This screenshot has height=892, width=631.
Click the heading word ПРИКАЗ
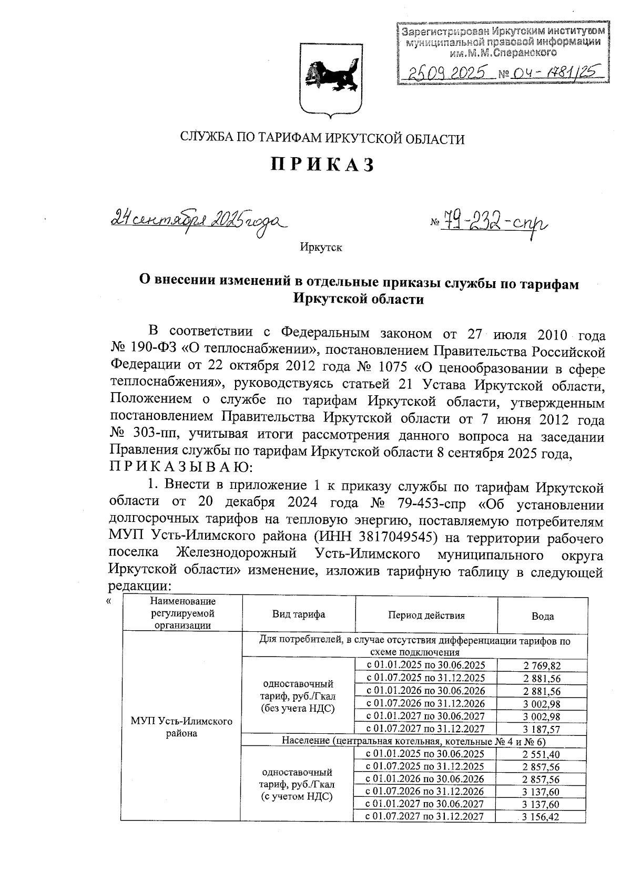point(322,165)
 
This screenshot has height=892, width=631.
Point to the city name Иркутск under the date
point(321,248)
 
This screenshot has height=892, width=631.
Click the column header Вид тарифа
point(298,614)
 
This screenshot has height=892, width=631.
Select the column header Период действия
point(426,615)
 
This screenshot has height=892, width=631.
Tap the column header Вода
point(542,617)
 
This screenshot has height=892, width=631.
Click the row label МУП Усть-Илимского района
point(181,727)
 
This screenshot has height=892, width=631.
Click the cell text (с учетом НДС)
point(298,797)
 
